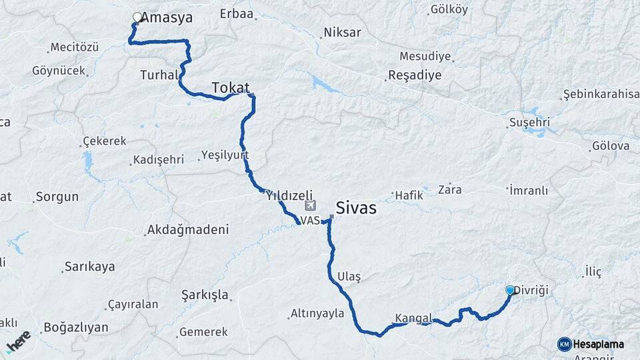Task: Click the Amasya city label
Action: [167, 18]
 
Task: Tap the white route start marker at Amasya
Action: [137, 17]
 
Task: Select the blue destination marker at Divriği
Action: [510, 290]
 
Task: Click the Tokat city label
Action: [231, 87]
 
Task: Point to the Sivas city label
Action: [356, 207]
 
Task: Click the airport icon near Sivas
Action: [308, 205]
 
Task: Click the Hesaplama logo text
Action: [598, 344]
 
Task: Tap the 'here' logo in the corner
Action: [18, 341]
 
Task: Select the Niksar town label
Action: [341, 32]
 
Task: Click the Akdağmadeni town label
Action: [188, 230]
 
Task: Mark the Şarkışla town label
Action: [205, 295]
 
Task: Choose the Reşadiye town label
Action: [415, 75]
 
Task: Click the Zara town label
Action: [449, 189]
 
